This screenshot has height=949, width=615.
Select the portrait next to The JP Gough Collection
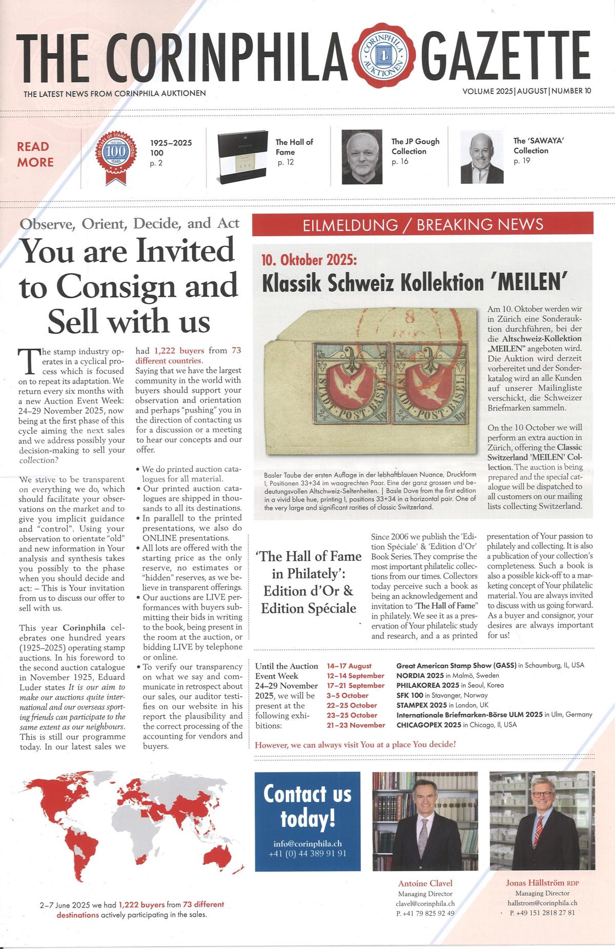pyautogui.click(x=362, y=157)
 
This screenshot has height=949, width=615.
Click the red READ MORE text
pyautogui.click(x=35, y=154)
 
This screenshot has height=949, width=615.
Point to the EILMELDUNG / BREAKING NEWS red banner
pyautogui.click(x=423, y=224)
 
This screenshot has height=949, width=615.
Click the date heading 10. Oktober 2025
pyautogui.click(x=309, y=260)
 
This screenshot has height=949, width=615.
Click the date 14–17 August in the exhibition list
pyautogui.click(x=349, y=666)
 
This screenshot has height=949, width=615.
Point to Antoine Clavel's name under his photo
pyautogui.click(x=425, y=883)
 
